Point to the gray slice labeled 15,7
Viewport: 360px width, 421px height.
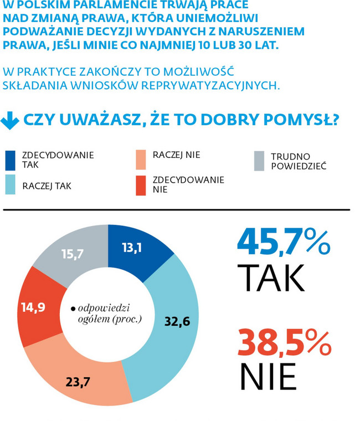[x=72, y=254]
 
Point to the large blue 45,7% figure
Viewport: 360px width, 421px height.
[x=283, y=243]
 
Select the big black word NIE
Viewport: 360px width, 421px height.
[x=268, y=377]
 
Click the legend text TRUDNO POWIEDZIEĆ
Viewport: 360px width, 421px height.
[x=298, y=161]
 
